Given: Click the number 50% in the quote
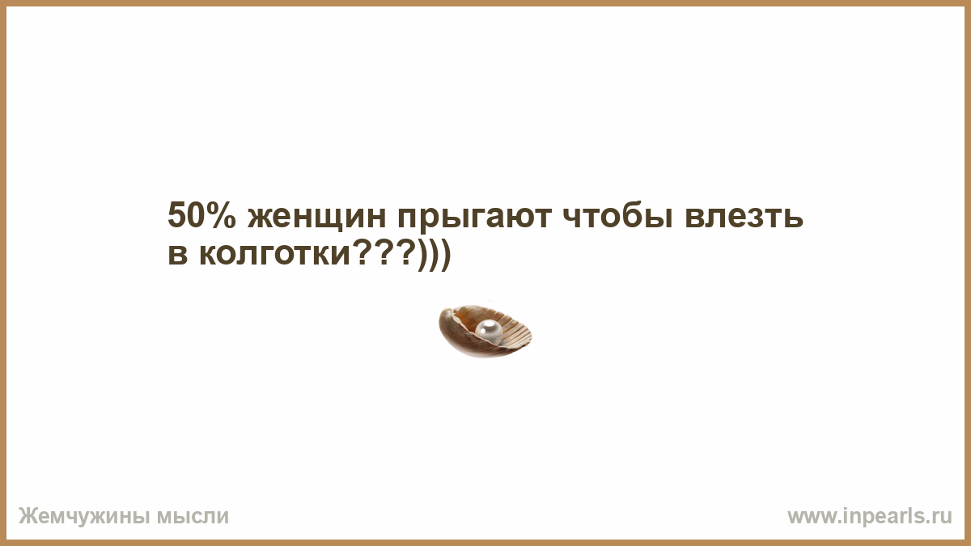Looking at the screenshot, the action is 201,215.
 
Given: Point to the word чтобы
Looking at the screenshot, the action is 618,215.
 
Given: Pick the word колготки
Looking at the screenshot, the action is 274,254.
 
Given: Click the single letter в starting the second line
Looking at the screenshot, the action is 178,254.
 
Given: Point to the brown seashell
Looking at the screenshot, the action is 485,332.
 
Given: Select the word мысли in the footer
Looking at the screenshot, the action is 193,517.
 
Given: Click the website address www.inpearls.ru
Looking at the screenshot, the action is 870,517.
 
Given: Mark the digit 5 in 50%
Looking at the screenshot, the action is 176,215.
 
